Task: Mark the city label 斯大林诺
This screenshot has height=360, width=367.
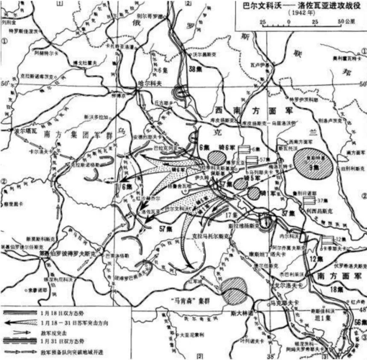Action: click(242, 313)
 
